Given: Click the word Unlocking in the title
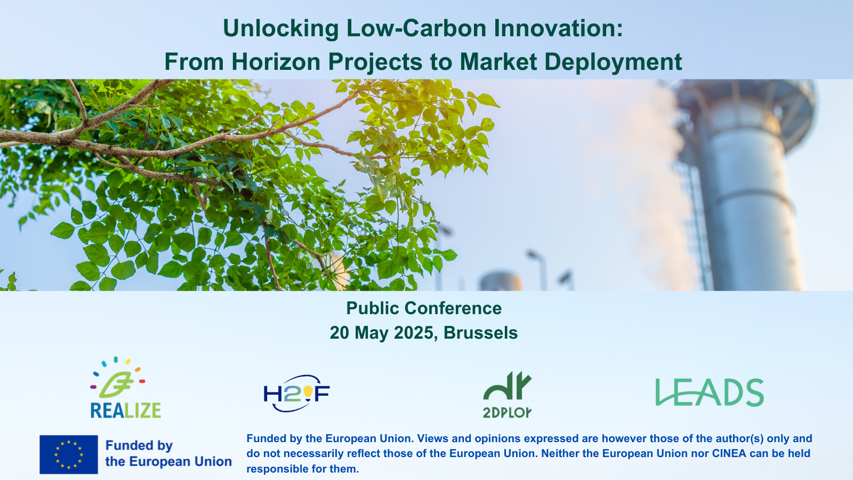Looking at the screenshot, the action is [x=280, y=29].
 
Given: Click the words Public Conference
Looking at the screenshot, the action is [x=424, y=308].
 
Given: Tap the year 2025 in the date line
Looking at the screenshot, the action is [x=413, y=333].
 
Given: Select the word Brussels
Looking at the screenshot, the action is [x=480, y=333].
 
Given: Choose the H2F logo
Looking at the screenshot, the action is [x=296, y=394].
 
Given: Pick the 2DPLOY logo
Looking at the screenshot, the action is [x=507, y=395].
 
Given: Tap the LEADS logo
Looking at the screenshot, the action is [x=710, y=393].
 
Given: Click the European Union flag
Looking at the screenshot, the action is [x=69, y=454].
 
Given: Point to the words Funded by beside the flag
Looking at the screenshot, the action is [x=139, y=445].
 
